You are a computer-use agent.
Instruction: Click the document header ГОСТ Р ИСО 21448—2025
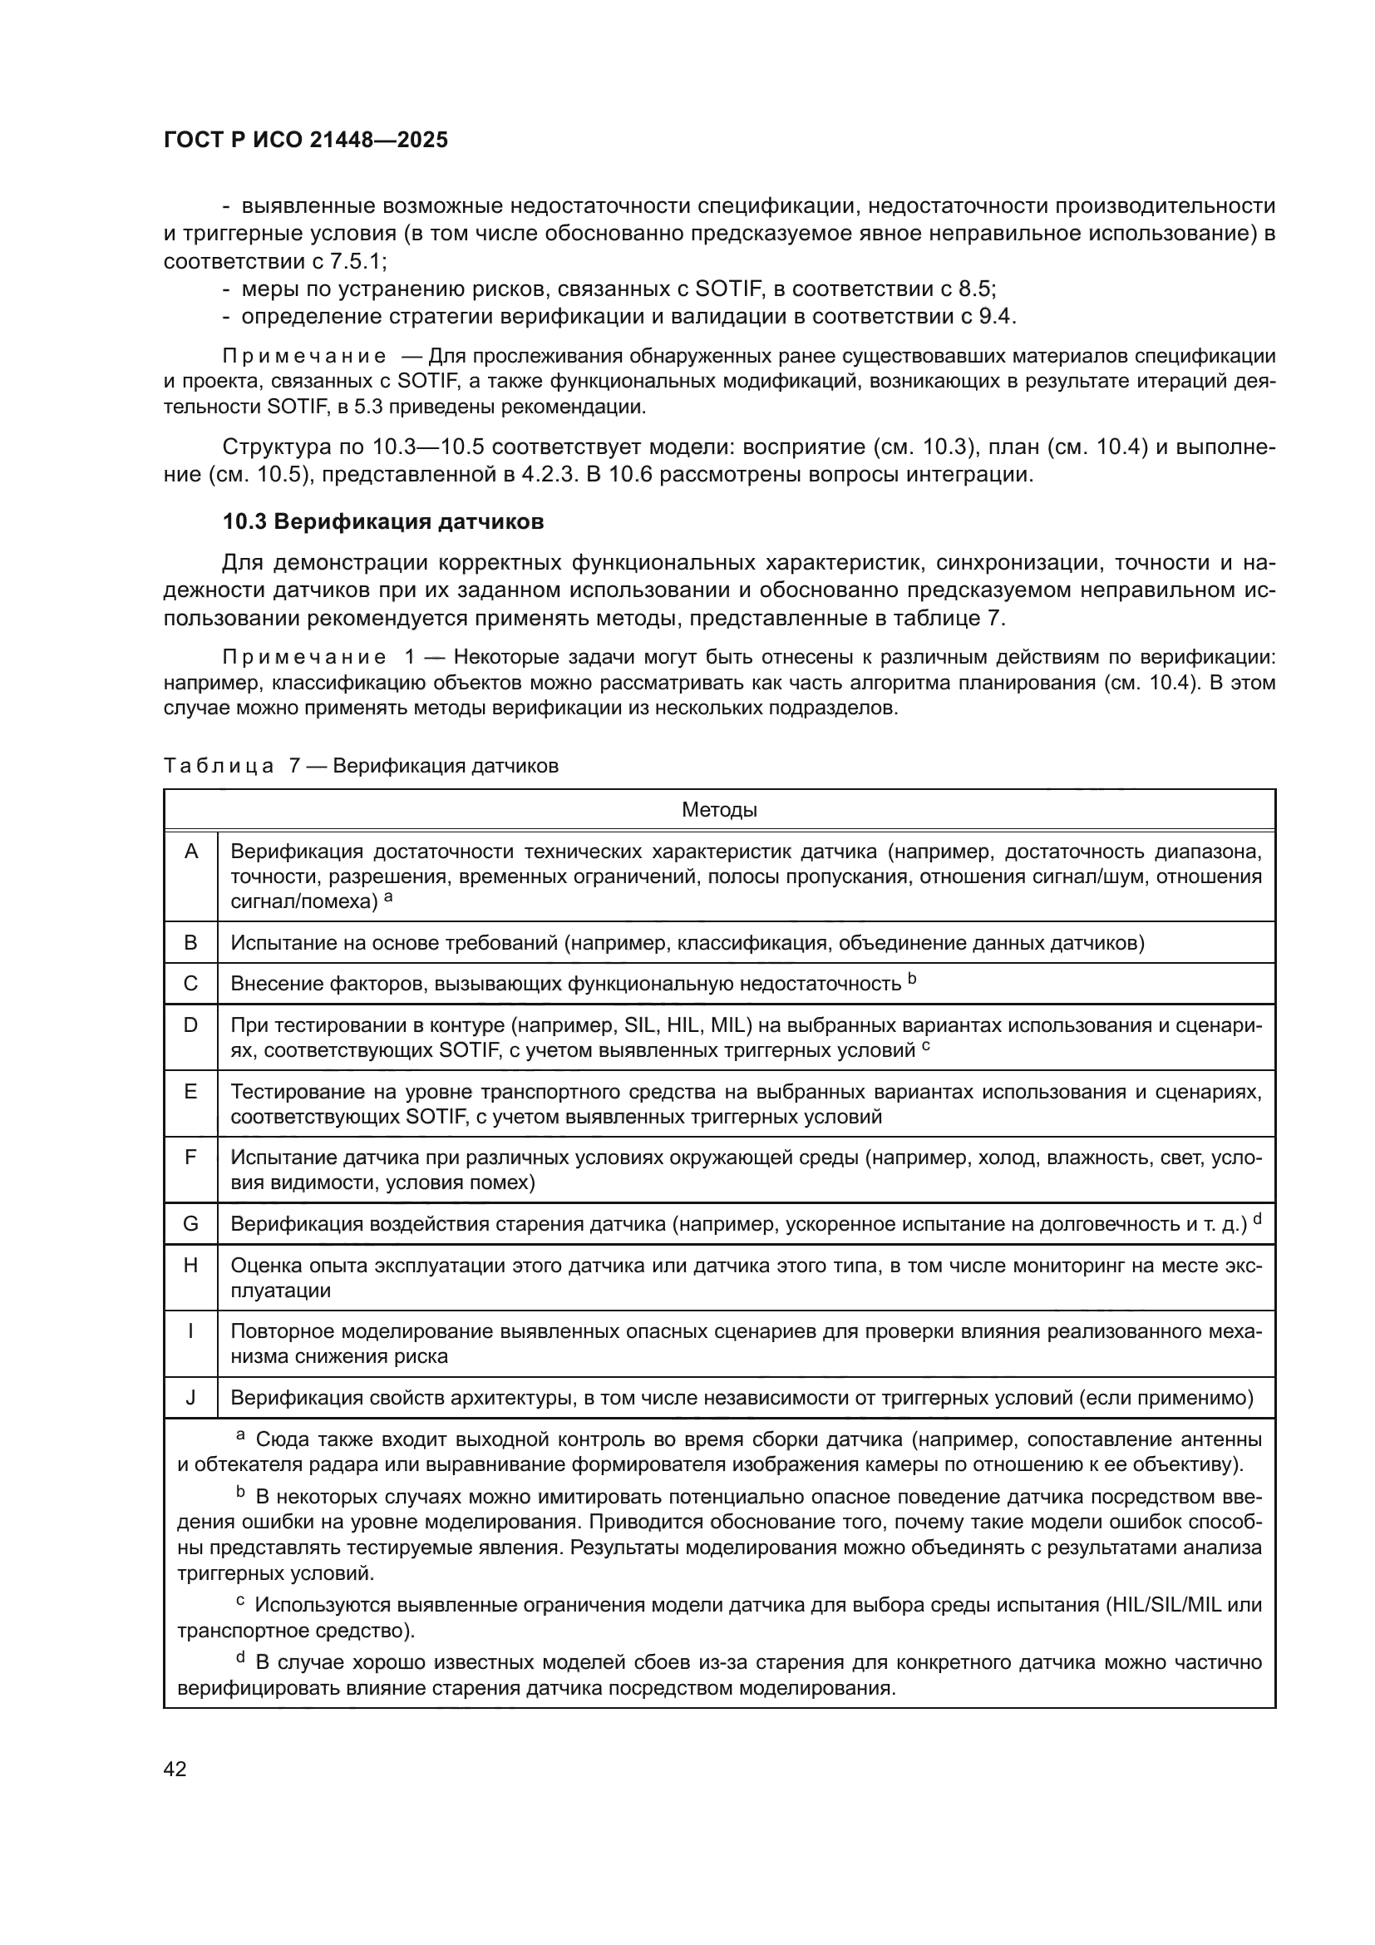(306, 140)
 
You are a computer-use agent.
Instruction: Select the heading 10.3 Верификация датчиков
(382, 522)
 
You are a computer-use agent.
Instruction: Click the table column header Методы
(719, 810)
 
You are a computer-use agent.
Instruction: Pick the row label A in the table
(191, 852)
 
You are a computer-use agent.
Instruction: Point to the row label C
(190, 984)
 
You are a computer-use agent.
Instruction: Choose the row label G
(190, 1223)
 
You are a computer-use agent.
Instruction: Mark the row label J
(190, 1398)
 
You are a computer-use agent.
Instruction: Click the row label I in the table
(190, 1331)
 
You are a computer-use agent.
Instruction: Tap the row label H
(190, 1266)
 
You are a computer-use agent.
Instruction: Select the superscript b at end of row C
(912, 979)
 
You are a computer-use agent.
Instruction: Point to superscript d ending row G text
(1257, 1218)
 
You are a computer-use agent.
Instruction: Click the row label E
(190, 1092)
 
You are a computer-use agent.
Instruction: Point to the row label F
(190, 1158)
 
